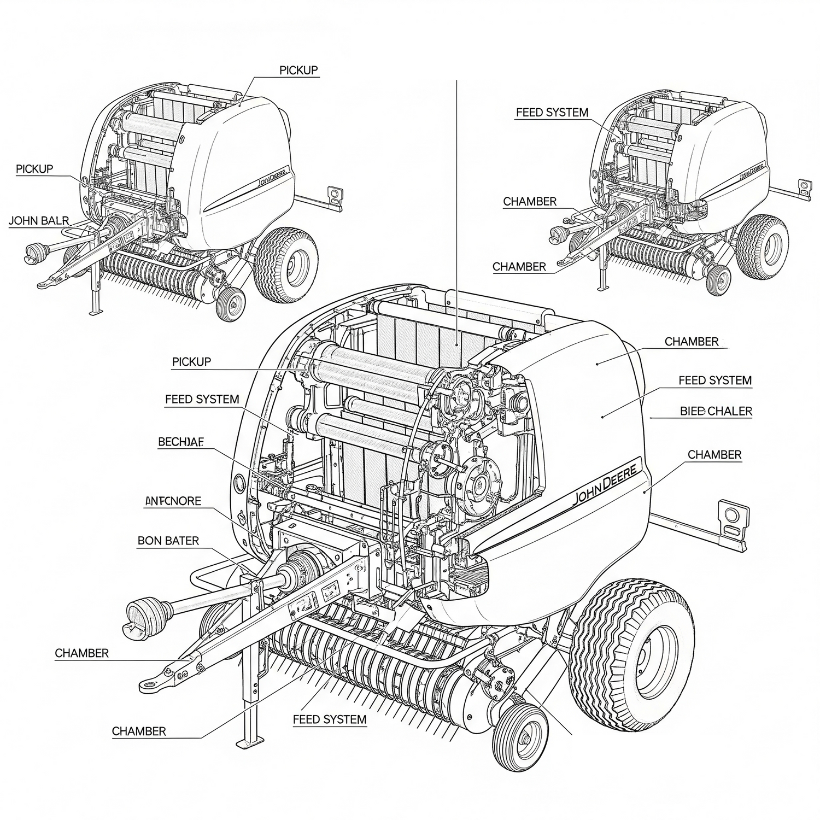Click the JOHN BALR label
[x=39, y=221]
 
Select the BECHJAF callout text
[x=180, y=442]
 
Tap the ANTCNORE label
[x=173, y=501]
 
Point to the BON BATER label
[x=168, y=541]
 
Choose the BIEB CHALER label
[x=716, y=411]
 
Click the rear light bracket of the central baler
[x=733, y=519]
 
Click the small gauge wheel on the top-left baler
[x=230, y=303]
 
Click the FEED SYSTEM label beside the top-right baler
[x=552, y=113]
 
